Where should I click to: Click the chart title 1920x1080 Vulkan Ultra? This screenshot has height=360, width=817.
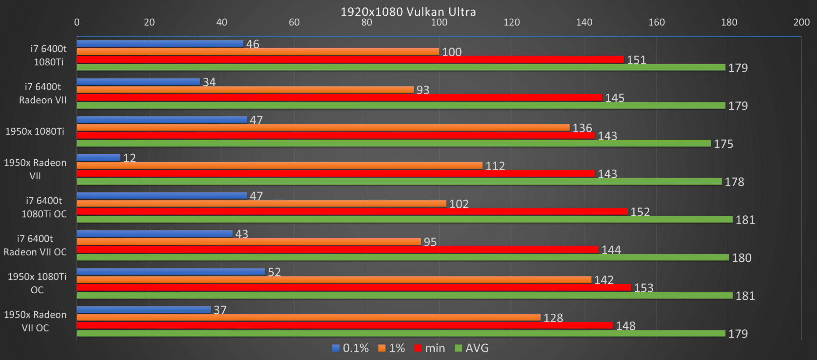(408, 12)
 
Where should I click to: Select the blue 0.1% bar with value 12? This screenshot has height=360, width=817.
(99, 158)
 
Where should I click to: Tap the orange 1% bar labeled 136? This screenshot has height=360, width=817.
(323, 128)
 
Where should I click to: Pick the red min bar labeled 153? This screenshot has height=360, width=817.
(354, 288)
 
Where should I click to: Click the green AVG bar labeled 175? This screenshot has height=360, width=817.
(394, 144)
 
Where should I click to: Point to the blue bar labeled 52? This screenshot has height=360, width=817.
(171, 272)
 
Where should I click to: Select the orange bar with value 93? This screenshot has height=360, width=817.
(245, 89)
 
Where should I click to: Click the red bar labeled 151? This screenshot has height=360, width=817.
(350, 60)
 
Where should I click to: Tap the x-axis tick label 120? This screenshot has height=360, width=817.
(512, 22)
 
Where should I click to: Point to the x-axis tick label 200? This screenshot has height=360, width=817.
(801, 22)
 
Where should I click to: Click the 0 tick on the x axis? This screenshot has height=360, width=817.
(77, 22)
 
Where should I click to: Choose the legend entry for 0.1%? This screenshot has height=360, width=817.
(350, 348)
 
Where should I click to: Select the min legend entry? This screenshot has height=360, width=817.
(430, 348)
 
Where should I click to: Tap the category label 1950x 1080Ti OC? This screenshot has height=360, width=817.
(37, 283)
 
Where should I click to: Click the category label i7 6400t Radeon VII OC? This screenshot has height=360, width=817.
(35, 245)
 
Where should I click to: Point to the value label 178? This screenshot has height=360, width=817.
(734, 182)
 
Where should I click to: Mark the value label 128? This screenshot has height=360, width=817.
(553, 318)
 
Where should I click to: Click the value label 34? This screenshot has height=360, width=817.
(209, 82)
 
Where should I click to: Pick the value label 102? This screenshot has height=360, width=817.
(459, 204)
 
